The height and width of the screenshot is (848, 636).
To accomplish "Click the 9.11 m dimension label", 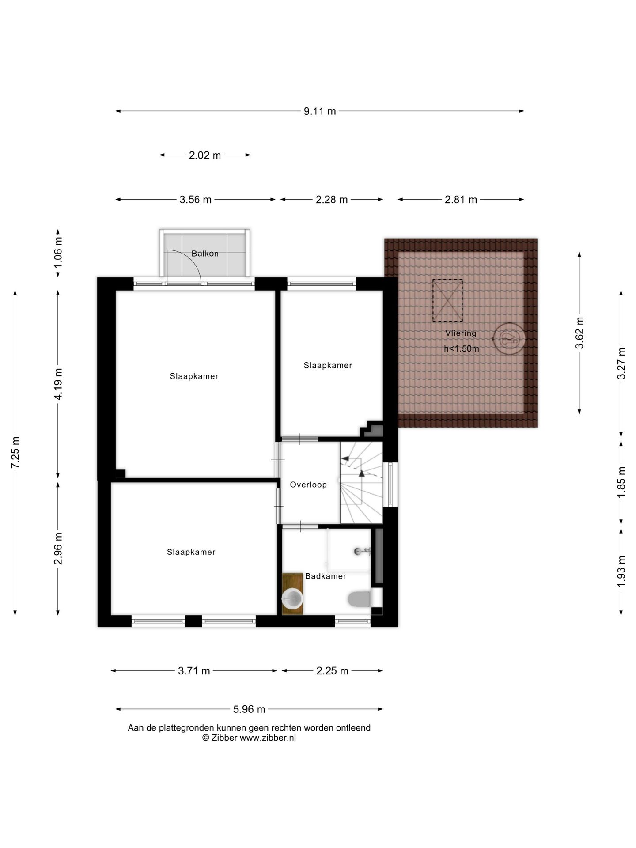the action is point(319,111).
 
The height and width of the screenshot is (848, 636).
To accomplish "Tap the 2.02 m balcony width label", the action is point(205,155).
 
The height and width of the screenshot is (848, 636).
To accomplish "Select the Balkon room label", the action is point(205,254).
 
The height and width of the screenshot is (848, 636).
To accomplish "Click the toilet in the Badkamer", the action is point(360,599).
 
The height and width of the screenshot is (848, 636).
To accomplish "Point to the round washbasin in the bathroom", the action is point(292,598).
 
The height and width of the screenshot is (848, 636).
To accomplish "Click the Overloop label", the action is point(308,485).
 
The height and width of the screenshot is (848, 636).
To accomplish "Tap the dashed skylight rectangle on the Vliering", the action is point(447,300).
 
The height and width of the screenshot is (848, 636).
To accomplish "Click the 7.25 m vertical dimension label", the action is point(15,453).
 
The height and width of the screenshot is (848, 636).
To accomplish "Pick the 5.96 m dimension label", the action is point(249,709).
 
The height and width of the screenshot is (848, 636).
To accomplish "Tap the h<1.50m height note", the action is point(462,348).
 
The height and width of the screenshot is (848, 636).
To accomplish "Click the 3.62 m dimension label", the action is point(579,333).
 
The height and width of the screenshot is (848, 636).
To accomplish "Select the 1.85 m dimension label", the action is point(621,482).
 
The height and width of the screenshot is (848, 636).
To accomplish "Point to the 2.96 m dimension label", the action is point(58,548).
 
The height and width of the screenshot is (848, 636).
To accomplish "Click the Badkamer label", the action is point(326,576).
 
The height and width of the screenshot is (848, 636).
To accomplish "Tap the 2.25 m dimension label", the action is point(332,671).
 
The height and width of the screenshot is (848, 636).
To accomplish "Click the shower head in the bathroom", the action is point(361,551).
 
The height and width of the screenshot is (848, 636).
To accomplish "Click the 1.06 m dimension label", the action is point(58,253).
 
